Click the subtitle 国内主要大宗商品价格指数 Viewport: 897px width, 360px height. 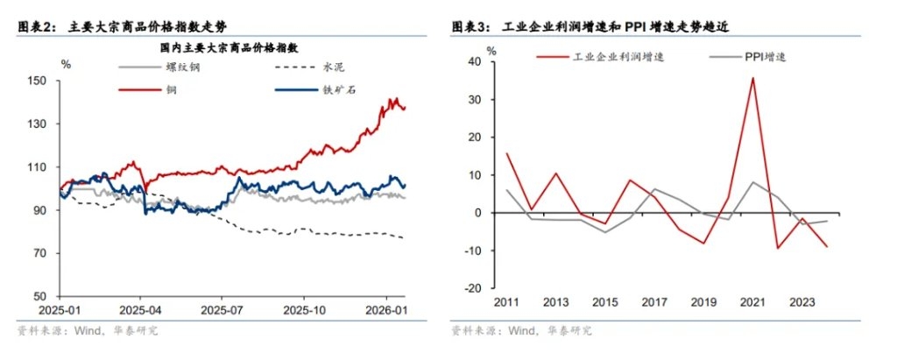(x=230, y=46)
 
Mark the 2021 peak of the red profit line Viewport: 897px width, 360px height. (x=752, y=78)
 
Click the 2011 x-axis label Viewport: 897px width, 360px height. (x=508, y=303)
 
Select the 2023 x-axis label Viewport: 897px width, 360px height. (x=802, y=303)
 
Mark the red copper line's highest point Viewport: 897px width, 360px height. (x=396, y=99)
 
